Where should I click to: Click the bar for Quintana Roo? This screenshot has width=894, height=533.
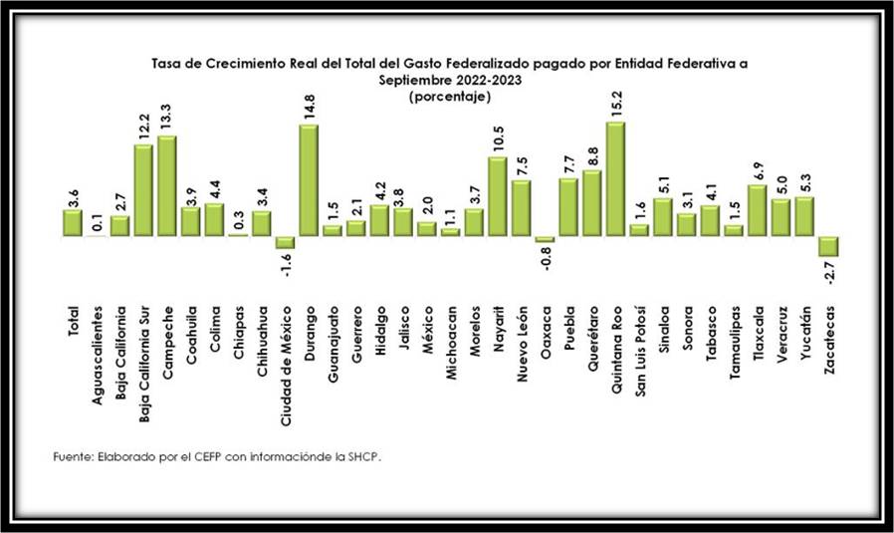tap(615, 179)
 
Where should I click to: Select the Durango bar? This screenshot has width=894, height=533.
tap(309, 180)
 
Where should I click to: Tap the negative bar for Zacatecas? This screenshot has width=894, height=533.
tap(827, 247)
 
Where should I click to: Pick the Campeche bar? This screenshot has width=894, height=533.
tap(166, 186)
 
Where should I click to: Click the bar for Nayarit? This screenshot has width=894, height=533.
tap(497, 197)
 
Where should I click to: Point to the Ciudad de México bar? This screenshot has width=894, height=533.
tap(285, 242)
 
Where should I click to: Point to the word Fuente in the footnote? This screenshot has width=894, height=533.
tap(72, 456)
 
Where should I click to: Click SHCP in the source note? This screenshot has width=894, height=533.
tap(362, 456)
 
